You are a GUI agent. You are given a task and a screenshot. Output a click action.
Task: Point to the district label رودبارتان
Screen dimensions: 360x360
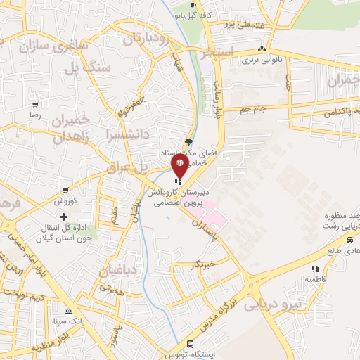(x=147, y=39)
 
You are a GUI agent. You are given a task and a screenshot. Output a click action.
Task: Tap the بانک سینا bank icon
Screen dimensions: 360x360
(x=68, y=310)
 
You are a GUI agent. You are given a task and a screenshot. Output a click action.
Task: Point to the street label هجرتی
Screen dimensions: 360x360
(x=110, y=289)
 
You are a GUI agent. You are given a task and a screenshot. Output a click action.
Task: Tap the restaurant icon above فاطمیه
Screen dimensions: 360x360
(x=315, y=268)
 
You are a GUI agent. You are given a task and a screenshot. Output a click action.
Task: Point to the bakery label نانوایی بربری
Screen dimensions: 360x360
(x=262, y=60)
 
